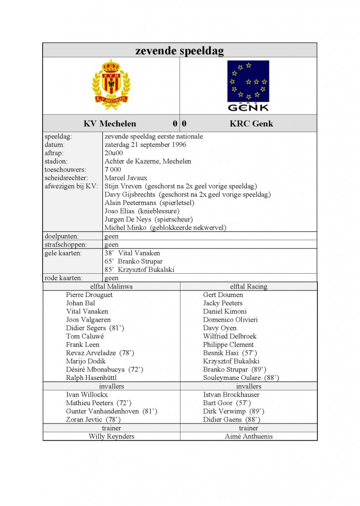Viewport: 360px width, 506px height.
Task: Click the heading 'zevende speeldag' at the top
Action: pos(180,50)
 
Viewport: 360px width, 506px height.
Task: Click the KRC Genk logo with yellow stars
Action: pos(248,85)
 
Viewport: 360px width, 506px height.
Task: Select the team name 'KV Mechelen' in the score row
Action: pos(110,124)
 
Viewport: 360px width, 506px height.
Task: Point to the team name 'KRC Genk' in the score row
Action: pos(251,124)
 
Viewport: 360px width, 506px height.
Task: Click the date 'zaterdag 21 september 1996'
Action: pos(145,145)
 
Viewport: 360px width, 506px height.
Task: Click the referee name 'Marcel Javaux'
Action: pos(126,178)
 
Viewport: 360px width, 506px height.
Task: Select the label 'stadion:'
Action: pos(56,161)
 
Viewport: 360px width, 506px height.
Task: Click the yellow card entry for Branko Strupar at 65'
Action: pos(134,261)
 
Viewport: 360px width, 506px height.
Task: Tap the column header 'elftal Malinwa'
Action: pos(111,286)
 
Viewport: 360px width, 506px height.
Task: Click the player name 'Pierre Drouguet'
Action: pos(90,295)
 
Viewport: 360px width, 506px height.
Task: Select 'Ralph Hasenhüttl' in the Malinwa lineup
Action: pos(91,378)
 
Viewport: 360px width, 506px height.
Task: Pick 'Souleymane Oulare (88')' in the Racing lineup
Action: pos(241,378)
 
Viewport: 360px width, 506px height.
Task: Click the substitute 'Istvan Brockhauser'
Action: pos(231,394)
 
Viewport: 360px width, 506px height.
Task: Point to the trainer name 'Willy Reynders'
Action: pos(111,436)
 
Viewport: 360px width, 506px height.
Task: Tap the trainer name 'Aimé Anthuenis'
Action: pos(248,436)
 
